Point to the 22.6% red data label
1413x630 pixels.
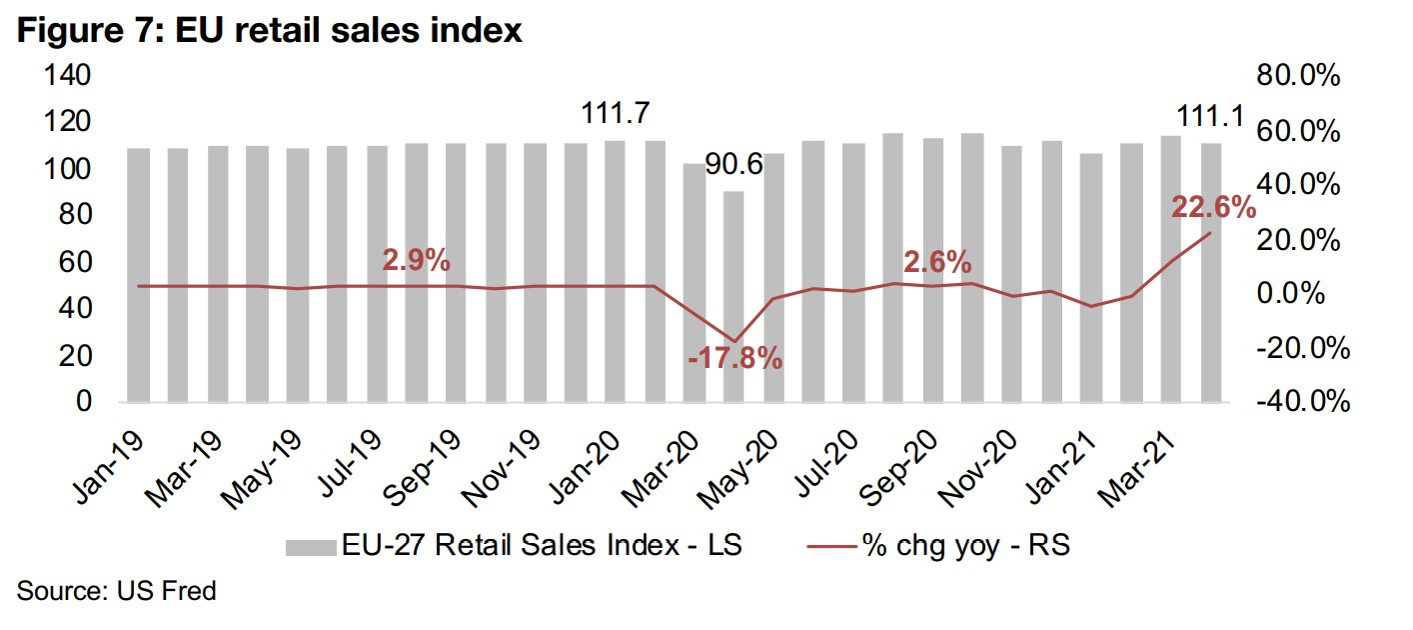pyautogui.click(x=1211, y=207)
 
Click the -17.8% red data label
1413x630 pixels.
pyautogui.click(x=734, y=358)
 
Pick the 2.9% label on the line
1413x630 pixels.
pyautogui.click(x=417, y=261)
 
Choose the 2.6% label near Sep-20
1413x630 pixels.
pyautogui.click(x=936, y=262)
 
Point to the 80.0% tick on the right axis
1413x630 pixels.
pyautogui.click(x=1297, y=77)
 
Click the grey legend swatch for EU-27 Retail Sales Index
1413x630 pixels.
pyautogui.click(x=309, y=547)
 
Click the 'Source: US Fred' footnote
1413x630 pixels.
pyautogui.click(x=116, y=591)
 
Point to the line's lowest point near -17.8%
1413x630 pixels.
pyautogui.click(x=733, y=342)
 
